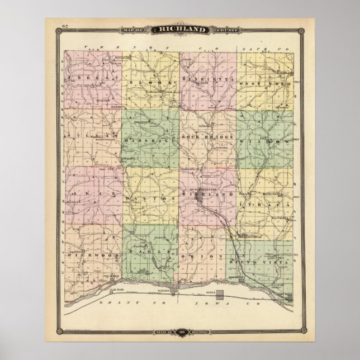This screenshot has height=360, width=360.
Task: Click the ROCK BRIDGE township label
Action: [x=205, y=138]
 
